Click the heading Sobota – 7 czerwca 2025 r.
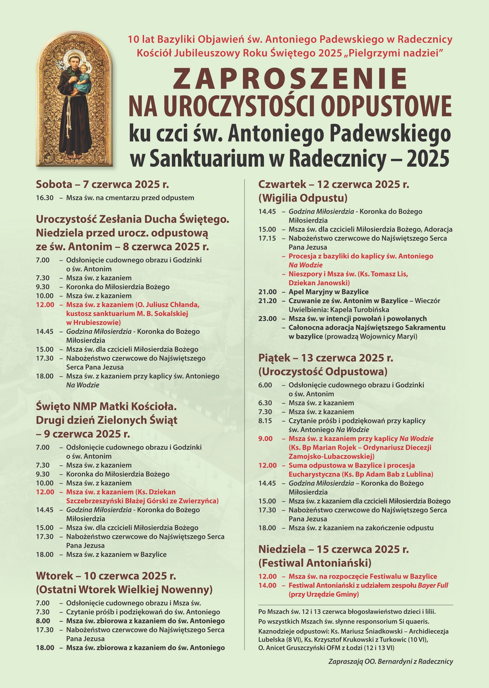[102, 184]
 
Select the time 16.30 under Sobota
[45, 198]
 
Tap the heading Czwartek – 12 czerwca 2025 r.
[333, 184]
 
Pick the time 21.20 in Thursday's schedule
[267, 301]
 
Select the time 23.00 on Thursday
[267, 318]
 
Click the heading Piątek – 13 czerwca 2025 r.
[326, 358]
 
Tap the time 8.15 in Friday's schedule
[265, 421]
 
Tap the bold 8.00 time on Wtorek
[43, 621]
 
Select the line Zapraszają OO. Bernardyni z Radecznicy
[391, 662]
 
